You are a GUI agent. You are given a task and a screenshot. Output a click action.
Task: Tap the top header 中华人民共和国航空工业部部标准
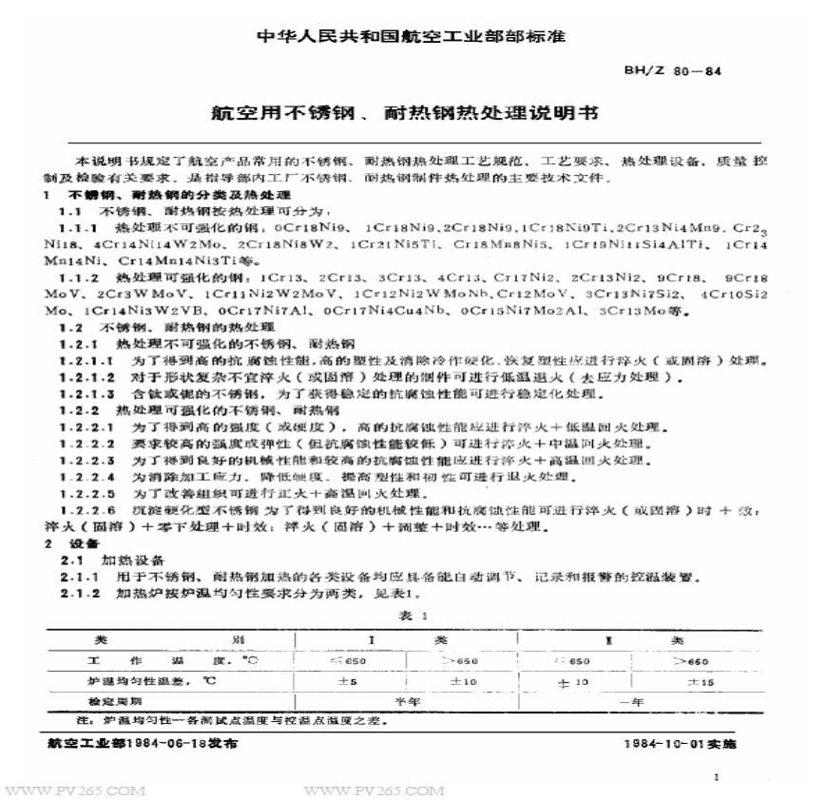coord(412,37)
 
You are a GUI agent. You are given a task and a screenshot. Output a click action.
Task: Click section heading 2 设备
coord(70,544)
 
